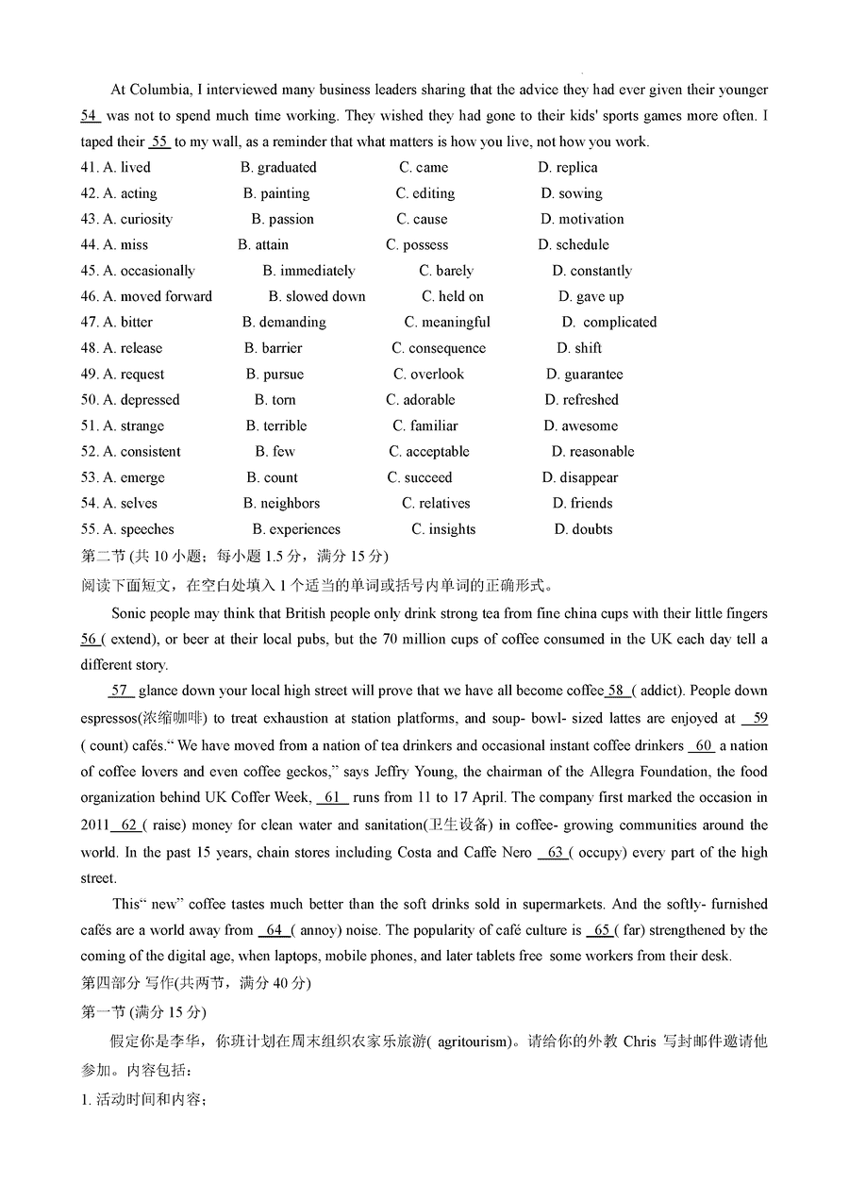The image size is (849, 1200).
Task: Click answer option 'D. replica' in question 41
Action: pyautogui.click(x=568, y=168)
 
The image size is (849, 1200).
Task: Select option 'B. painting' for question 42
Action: pyautogui.click(x=275, y=193)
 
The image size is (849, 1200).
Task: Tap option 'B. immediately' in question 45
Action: pyautogui.click(x=308, y=271)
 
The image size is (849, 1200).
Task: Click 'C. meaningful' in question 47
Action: pyautogui.click(x=447, y=323)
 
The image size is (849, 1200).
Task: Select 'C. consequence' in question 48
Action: pyautogui.click(x=439, y=348)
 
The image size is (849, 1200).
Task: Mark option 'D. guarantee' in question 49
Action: pyautogui.click(x=584, y=375)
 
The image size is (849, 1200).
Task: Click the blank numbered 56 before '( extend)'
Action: pyautogui.click(x=90, y=640)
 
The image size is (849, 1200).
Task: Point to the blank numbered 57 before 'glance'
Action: pyautogui.click(x=121, y=691)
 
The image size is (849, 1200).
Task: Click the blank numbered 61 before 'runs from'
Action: pyautogui.click(x=333, y=797)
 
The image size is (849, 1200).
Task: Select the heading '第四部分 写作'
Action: pyautogui.click(x=128, y=983)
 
